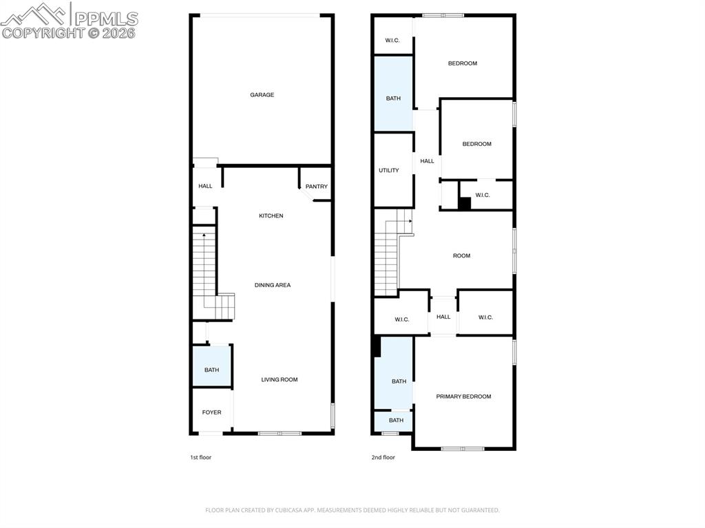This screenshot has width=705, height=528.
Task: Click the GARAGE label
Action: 262,95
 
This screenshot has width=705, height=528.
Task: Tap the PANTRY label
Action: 317,187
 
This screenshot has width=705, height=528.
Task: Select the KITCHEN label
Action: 271,216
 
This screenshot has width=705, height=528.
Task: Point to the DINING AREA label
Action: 273,285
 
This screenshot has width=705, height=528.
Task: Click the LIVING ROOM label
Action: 280,379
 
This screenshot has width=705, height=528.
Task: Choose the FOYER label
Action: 211,412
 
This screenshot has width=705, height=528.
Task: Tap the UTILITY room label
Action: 389,170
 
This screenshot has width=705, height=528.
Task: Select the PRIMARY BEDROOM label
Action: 463,397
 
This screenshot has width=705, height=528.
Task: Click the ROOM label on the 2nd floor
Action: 461,256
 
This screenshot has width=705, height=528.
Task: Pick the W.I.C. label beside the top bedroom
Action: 392,41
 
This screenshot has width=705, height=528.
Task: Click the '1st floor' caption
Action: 200,457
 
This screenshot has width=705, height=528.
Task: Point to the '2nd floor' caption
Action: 383,457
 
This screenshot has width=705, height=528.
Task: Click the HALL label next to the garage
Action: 205,186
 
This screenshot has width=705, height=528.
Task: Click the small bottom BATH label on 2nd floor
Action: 396,421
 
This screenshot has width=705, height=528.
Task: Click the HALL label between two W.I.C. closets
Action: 443,317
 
